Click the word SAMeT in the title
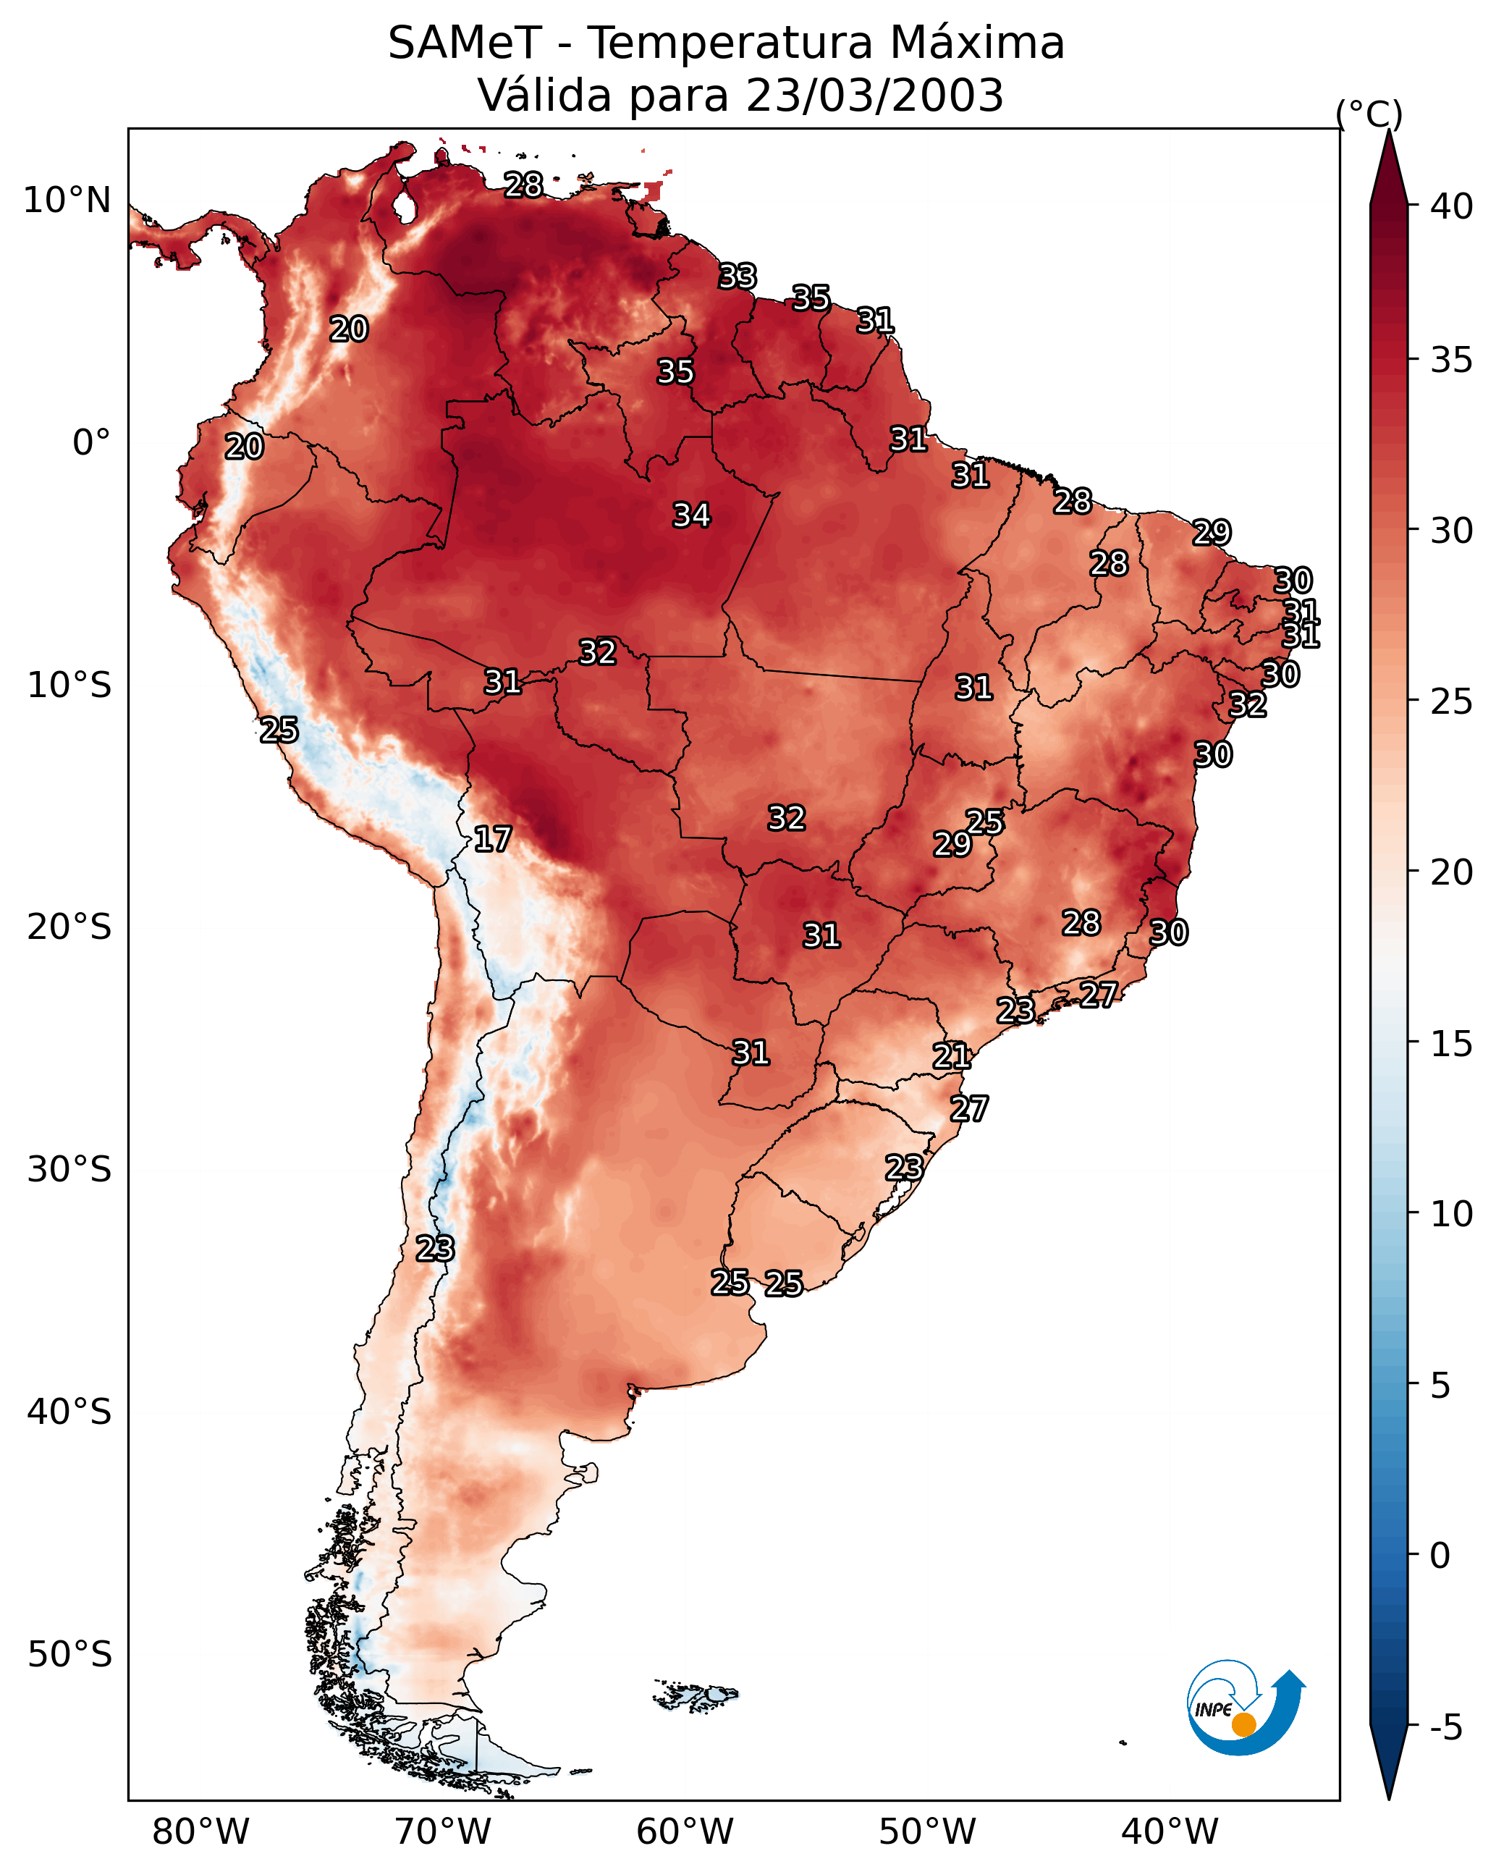pyautogui.click(x=465, y=43)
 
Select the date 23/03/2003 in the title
pyautogui.click(x=874, y=96)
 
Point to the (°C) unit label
pyautogui.click(x=1369, y=114)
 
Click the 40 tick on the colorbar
pyautogui.click(x=1452, y=206)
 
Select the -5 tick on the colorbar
pyautogui.click(x=1445, y=1727)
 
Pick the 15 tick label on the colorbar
pyautogui.click(x=1452, y=1044)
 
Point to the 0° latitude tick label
pyautogui.click(x=92, y=443)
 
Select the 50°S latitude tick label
pyautogui.click(x=69, y=1655)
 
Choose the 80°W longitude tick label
pyautogui.click(x=200, y=1831)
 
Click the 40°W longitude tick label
pyautogui.click(x=1170, y=1831)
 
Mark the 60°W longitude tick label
pyautogui.click(x=685, y=1831)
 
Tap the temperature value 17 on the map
pyautogui.click(x=492, y=839)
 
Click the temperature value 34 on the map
pyautogui.click(x=692, y=515)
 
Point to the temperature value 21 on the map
pyautogui.click(x=952, y=1056)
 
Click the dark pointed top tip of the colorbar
pyautogui.click(x=1388, y=130)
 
